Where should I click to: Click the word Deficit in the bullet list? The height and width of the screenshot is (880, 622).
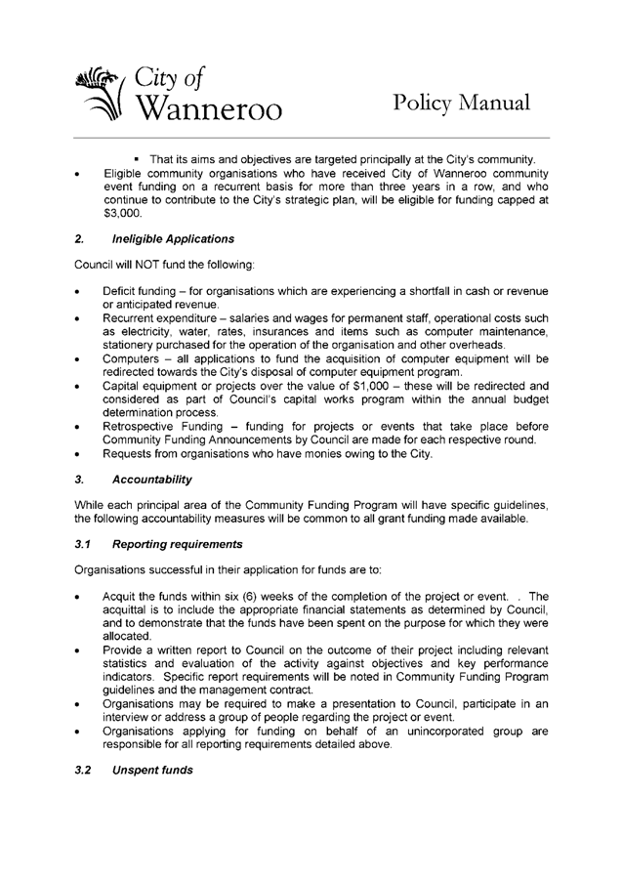124,293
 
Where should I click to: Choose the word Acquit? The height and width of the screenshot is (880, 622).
121,598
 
